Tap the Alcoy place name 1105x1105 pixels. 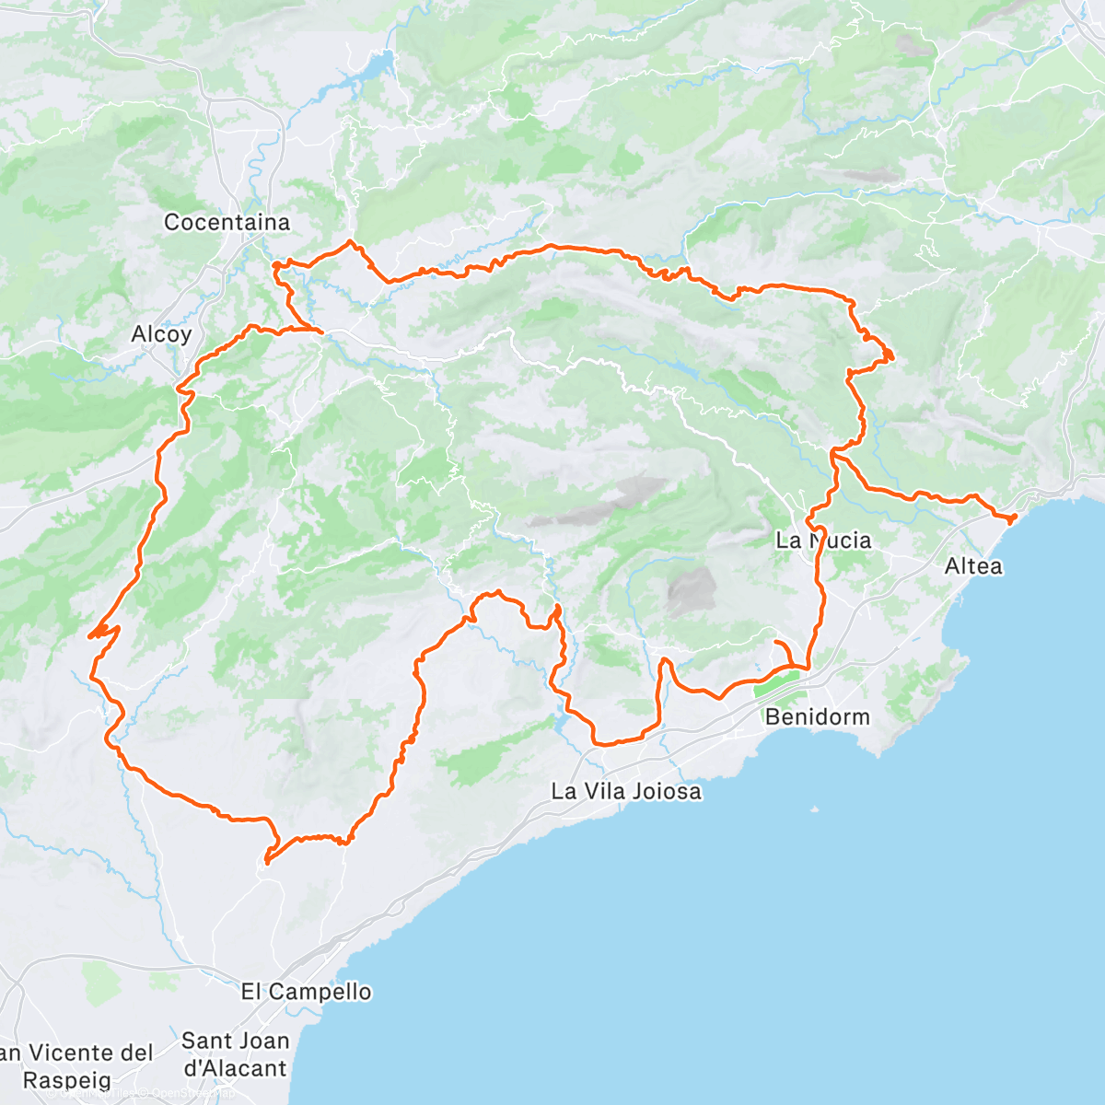click(x=161, y=334)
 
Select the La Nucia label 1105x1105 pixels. click(x=822, y=541)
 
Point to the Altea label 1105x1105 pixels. click(x=973, y=565)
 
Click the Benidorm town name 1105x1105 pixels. click(x=817, y=716)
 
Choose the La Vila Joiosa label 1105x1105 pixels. click(x=626, y=791)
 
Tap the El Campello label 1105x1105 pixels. click(x=306, y=992)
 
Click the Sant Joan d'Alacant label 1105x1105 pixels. click(x=235, y=1054)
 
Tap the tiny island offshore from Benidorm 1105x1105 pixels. click(x=815, y=810)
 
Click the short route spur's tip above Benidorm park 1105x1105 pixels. click(x=776, y=642)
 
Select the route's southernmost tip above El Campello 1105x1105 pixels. click(x=266, y=862)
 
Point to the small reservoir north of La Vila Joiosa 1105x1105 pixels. click(x=561, y=721)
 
